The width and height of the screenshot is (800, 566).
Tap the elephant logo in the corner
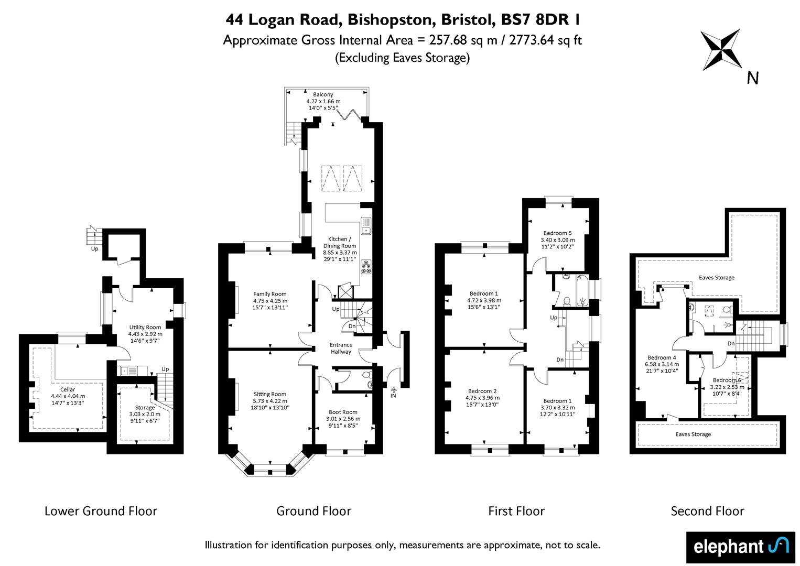741,547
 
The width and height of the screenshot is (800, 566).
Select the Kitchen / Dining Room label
340,249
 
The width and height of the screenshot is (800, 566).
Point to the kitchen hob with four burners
366,267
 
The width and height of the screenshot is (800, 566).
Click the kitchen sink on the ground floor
366,226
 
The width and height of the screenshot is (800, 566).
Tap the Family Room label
269,300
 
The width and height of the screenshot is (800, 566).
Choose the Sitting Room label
269,401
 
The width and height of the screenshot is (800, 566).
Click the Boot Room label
343,419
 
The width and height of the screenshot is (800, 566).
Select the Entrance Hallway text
341,348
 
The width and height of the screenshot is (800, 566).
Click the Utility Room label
145,334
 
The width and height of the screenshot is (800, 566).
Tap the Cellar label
68,396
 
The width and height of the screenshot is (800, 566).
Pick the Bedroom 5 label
557,240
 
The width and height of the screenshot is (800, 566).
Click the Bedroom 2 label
482,398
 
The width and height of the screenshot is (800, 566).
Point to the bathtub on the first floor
582,290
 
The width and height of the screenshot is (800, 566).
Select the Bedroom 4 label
662,364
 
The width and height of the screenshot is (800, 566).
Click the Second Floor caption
708,511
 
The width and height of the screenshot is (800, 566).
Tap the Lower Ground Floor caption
101,511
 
